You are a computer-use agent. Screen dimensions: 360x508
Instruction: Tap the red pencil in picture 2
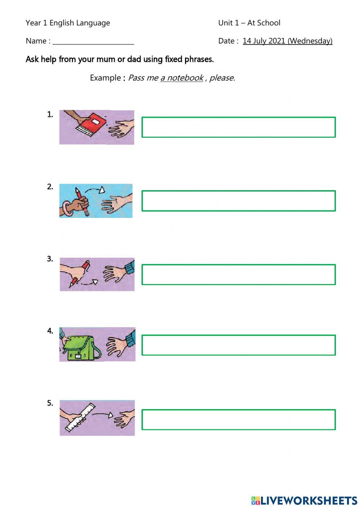click(82, 201)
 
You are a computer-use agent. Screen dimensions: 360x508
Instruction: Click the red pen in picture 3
click(80, 274)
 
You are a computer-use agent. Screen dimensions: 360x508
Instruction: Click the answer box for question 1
click(238, 127)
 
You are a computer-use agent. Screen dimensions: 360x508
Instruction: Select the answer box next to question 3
click(238, 274)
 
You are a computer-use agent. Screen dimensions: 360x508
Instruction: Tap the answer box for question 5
click(238, 420)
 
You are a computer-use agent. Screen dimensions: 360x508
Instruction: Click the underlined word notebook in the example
click(185, 78)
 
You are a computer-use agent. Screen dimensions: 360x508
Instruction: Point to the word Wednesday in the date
click(310, 41)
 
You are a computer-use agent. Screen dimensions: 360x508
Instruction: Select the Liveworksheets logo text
click(304, 500)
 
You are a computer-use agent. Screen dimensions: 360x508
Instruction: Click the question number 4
click(50, 331)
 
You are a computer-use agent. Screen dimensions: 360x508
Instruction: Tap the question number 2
click(50, 187)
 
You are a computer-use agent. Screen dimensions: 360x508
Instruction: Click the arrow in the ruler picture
click(103, 414)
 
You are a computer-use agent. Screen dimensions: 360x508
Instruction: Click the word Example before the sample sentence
click(105, 78)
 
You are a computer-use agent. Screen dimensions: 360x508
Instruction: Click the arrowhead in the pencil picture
click(102, 190)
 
